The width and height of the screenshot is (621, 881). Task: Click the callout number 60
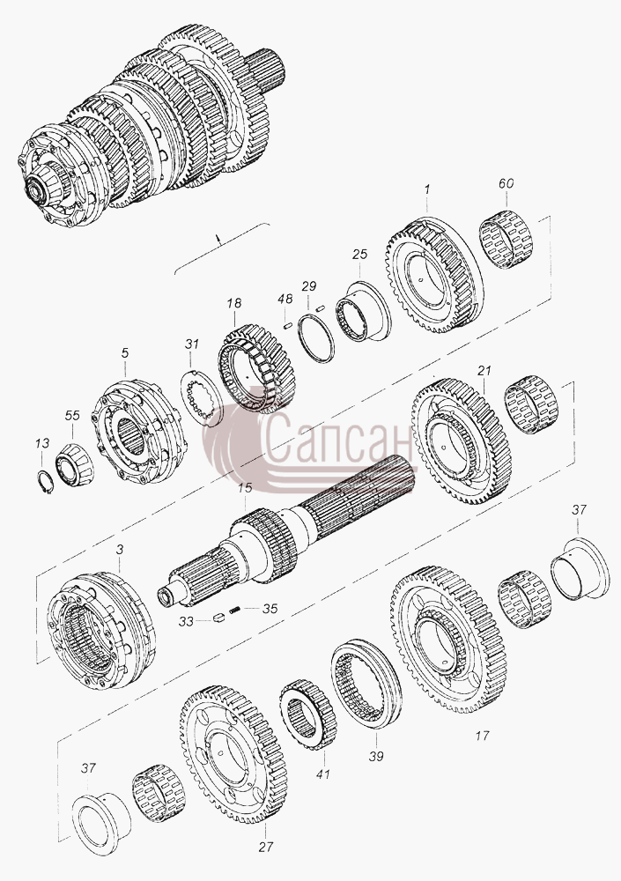[506, 184]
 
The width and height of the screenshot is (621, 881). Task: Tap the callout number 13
[42, 444]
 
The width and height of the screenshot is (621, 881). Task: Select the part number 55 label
[72, 415]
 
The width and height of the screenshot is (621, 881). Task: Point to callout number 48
[285, 299]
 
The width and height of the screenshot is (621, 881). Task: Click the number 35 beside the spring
[270, 609]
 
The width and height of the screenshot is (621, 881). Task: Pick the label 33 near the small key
[187, 621]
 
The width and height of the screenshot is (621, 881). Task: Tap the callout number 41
[322, 774]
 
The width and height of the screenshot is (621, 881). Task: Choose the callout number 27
[266, 847]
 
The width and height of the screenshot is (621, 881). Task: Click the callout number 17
[482, 735]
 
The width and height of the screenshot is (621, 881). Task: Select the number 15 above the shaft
[245, 488]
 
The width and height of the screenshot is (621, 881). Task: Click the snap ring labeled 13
[44, 482]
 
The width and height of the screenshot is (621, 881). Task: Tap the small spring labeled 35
[235, 609]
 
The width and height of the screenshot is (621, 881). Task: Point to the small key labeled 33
[218, 618]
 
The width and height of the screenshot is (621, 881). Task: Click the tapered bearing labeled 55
[74, 464]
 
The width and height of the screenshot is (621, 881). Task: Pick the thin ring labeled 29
[316, 339]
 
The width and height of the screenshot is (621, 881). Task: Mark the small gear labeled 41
[307, 714]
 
